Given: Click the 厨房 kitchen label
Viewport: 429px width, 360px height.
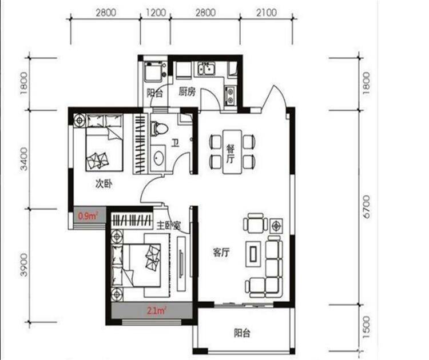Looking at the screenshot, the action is [187, 92].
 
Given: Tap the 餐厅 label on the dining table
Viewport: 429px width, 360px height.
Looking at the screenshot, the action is [231, 154].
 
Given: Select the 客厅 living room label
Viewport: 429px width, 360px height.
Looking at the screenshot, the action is [221, 253].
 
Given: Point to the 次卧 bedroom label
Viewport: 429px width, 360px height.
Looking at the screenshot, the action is [104, 183].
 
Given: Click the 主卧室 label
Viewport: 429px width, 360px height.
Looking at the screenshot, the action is [169, 225].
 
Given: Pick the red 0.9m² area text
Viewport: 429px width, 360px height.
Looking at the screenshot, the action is [88, 216].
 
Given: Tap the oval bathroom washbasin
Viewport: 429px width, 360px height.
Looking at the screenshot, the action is [158, 158].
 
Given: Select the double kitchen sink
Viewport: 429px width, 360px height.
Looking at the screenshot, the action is [206, 69].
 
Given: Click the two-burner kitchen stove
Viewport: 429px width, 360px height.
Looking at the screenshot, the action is [230, 96].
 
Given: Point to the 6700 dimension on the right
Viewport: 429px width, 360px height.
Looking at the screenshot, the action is [366, 207].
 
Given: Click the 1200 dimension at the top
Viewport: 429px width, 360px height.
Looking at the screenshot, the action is [156, 13].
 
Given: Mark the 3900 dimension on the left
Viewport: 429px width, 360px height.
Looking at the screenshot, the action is [24, 265].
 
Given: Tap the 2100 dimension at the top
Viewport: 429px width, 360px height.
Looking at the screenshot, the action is [266, 13].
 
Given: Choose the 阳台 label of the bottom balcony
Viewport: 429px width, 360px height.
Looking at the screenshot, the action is [242, 333].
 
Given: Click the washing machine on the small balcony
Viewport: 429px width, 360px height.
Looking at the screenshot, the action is [153, 71].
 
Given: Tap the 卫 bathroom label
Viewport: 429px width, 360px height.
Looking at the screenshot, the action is [175, 142].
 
